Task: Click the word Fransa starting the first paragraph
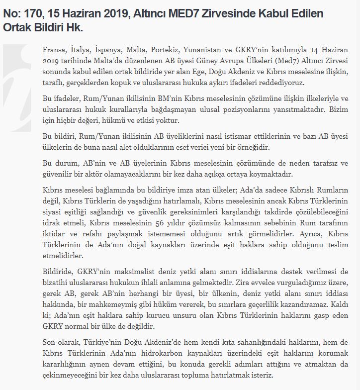[x=54, y=51]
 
